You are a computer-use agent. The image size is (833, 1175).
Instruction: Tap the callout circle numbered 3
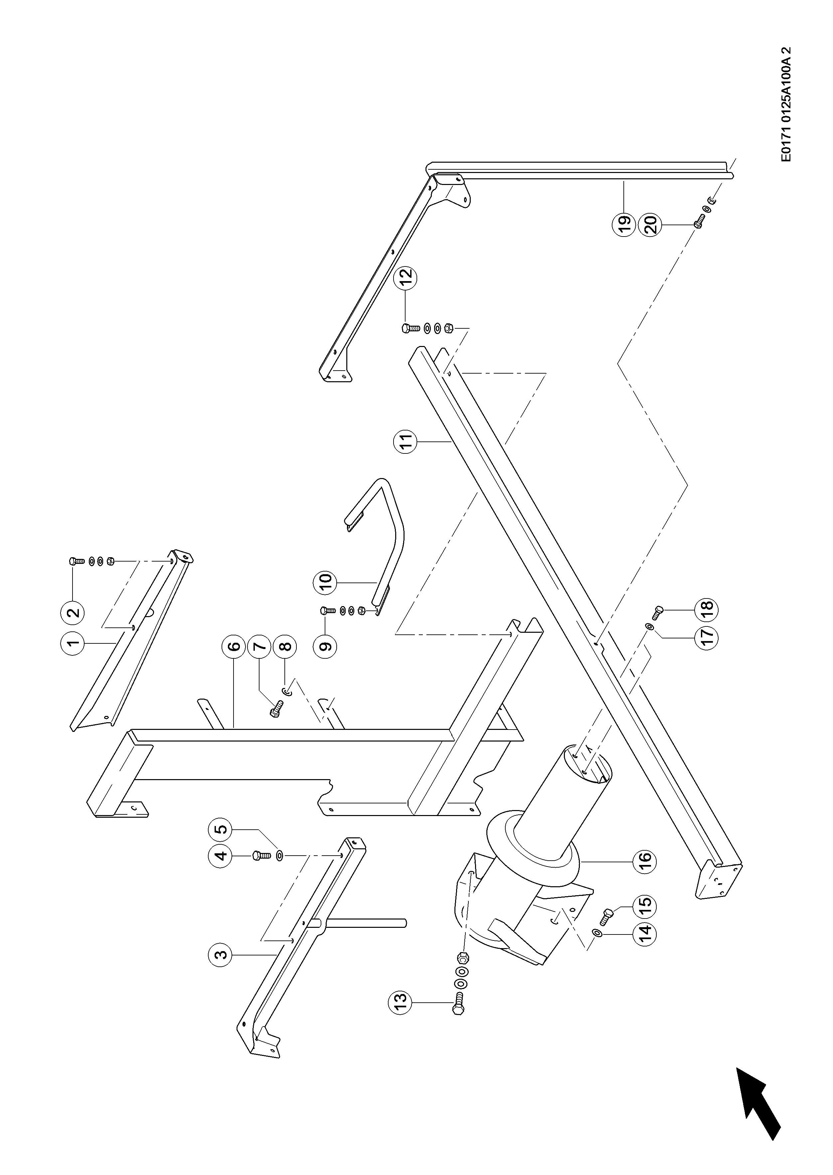coord(220,955)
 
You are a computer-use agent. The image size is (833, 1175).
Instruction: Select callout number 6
coord(234,646)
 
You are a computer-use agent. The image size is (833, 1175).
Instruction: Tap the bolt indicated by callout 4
coord(260,856)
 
